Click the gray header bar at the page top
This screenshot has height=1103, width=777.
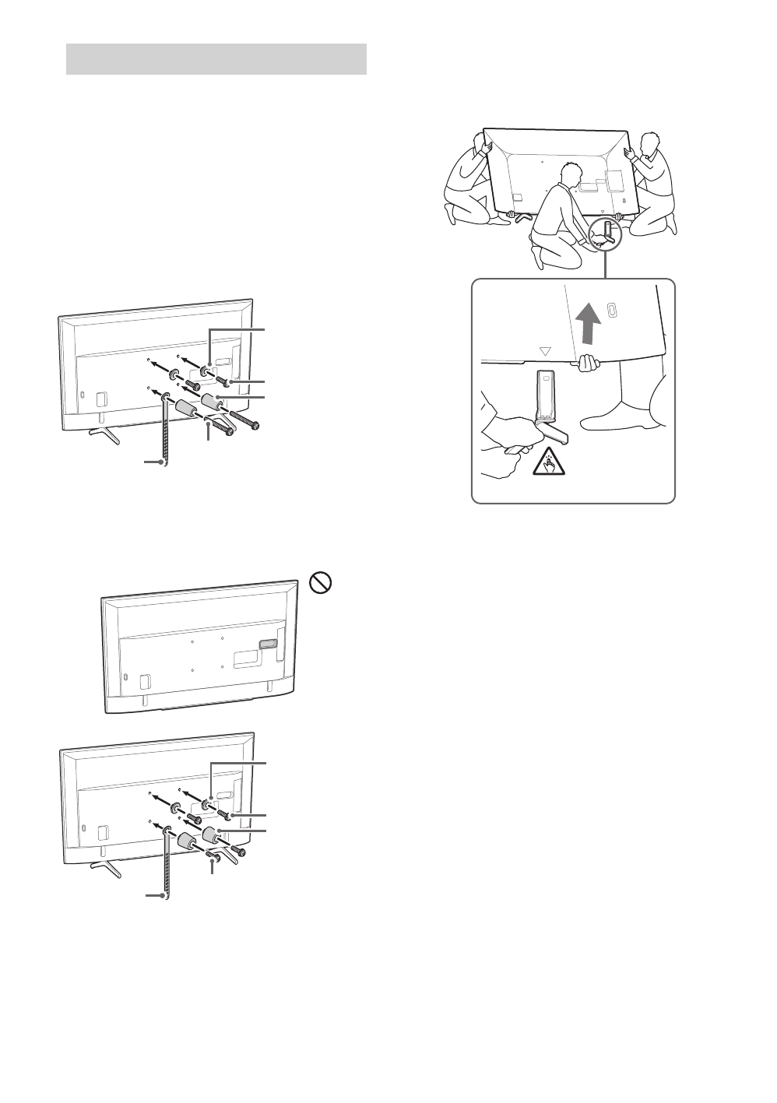216,59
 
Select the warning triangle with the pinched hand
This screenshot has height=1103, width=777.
549,465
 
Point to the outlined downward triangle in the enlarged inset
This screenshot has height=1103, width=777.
545,350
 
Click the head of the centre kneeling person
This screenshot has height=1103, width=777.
570,173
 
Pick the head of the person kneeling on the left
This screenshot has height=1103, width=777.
476,142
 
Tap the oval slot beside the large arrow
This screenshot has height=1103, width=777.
613,309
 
